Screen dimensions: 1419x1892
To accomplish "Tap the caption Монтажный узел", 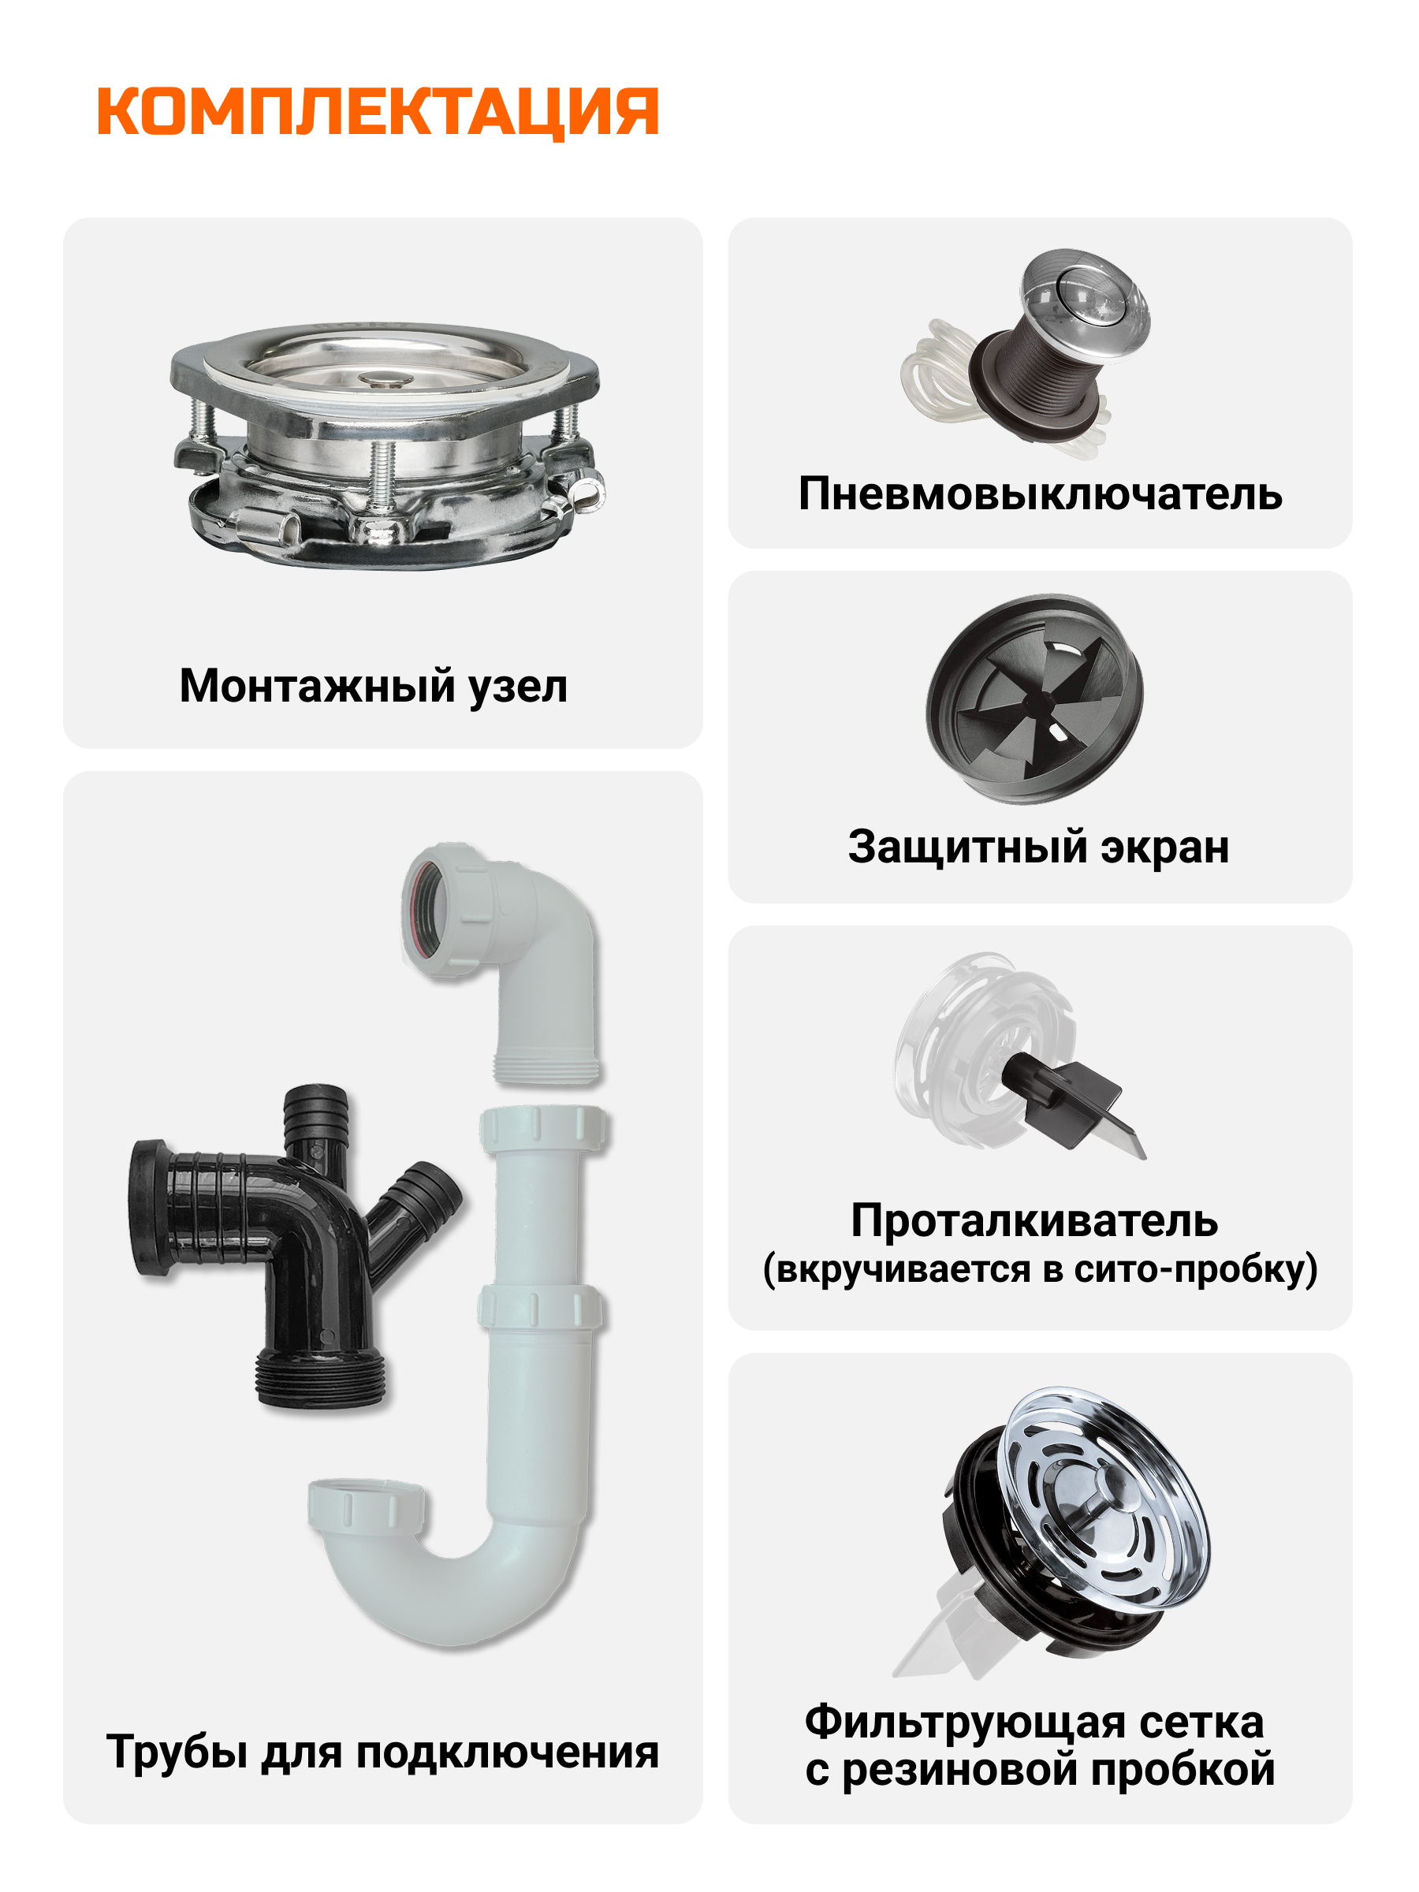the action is pos(373,687).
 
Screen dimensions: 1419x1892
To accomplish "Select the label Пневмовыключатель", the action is pos(1040,494).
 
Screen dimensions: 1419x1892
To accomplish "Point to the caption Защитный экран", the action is pos(1038,847).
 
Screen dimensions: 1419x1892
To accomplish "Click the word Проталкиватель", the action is pos(1034,1220).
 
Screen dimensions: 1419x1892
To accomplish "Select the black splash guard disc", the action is pos(1035,698).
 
